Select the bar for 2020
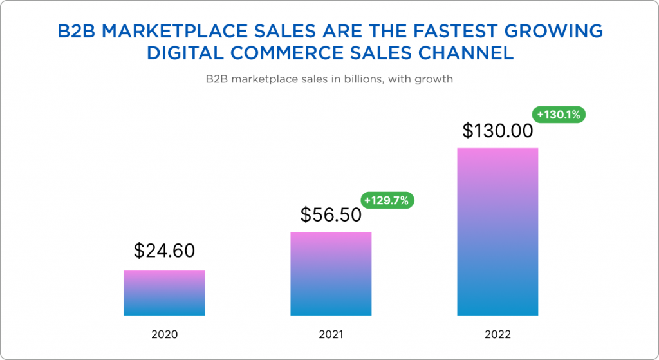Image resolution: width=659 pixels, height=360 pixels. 164,293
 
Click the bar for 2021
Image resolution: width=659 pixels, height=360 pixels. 331,274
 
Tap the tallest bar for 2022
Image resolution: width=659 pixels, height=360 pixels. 497,232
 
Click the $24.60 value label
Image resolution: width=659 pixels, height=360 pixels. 164,251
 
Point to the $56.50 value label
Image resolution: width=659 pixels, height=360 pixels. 331,215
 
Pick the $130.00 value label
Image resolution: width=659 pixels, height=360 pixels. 497,131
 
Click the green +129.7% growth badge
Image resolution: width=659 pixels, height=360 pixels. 386,200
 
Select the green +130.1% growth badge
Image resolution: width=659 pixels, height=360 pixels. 559,115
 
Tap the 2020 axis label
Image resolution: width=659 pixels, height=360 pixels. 164,335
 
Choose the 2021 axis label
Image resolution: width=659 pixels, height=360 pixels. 331,335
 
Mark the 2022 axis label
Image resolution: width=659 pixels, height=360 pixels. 497,335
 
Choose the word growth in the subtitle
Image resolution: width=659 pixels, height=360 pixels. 436,81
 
